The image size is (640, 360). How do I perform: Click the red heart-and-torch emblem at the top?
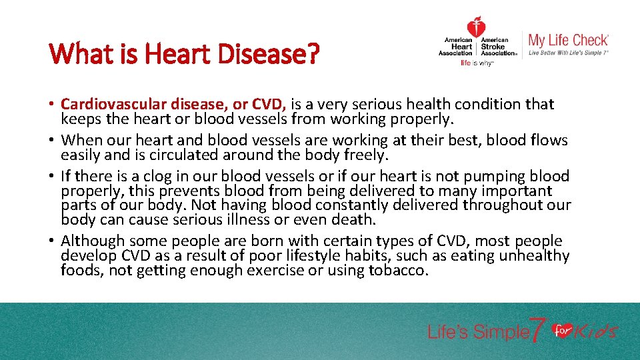click(476, 27)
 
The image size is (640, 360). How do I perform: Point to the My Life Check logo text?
click(568, 40)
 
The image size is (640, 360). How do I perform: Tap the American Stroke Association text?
click(499, 47)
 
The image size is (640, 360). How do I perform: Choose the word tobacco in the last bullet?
click(397, 271)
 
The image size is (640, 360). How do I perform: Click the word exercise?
click(275, 271)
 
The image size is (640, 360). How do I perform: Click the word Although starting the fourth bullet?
click(93, 241)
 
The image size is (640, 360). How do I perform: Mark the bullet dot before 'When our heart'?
click(53, 141)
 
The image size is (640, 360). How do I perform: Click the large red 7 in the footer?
click(538, 329)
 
